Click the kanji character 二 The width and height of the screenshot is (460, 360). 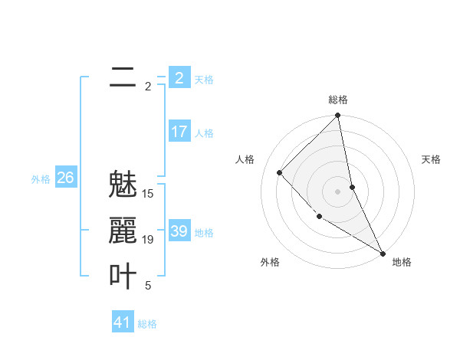(123, 77)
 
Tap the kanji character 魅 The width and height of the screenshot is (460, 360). (123, 185)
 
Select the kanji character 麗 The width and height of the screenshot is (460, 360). (123, 231)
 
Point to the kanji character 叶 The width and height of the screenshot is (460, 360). (123, 277)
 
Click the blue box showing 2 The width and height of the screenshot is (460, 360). (179, 77)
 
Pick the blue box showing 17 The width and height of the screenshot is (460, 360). (179, 132)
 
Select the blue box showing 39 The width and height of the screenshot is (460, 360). (179, 231)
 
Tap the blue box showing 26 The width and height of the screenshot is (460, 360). (65, 178)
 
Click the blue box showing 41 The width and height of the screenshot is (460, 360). (123, 322)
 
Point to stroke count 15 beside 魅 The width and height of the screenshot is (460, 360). (149, 194)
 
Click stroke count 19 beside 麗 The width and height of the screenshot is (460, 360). (149, 240)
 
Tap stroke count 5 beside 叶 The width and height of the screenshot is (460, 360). (148, 286)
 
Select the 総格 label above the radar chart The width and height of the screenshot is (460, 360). (338, 100)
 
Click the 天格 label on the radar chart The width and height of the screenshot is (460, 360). (432, 159)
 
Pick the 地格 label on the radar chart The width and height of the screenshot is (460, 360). (402, 262)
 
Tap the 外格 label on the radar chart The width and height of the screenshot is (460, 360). (270, 262)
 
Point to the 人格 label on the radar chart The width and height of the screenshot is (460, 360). (245, 159)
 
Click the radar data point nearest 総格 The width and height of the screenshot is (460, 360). (338, 116)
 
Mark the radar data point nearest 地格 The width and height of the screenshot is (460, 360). (383, 253)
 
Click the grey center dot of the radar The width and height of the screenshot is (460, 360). (338, 191)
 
